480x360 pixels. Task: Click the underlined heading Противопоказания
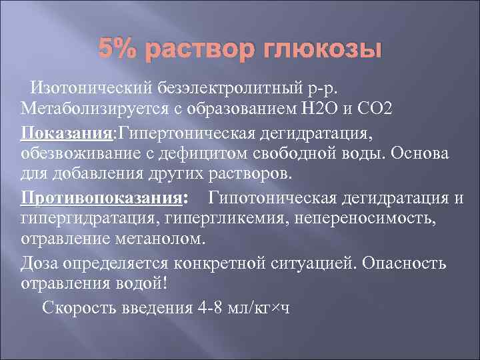[x=101, y=198]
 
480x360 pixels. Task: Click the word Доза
[x=41, y=262]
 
